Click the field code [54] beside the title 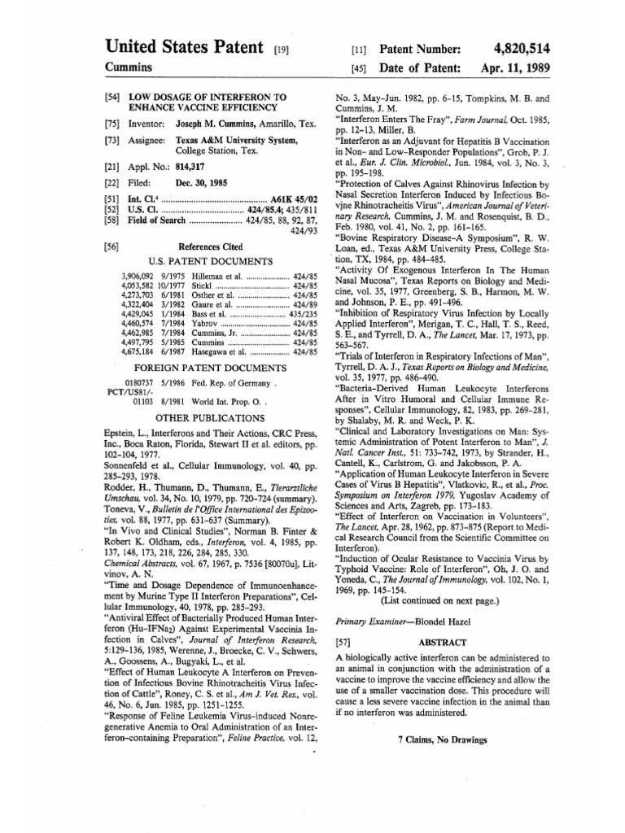pos(113,97)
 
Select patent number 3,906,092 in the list pos(136,277)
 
